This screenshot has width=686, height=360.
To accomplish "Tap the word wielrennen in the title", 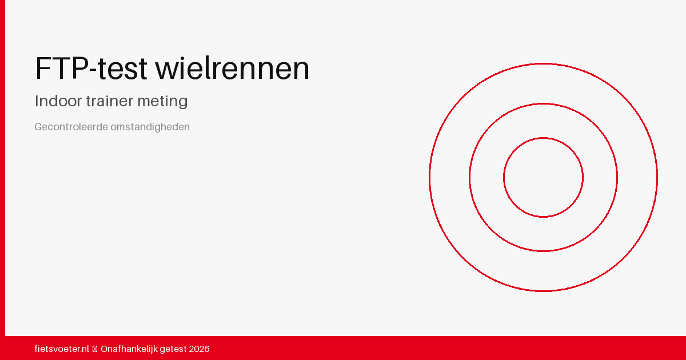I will (232, 69).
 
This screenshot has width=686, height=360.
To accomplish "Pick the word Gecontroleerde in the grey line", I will (71, 127).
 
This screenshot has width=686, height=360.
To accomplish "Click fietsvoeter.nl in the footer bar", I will (62, 349).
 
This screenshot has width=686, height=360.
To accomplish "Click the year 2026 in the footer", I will (200, 349).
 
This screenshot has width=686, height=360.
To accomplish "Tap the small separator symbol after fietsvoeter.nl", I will (95, 349).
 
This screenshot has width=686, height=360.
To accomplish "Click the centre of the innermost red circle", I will (543, 177).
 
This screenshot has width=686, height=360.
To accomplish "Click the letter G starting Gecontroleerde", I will (38, 127).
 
